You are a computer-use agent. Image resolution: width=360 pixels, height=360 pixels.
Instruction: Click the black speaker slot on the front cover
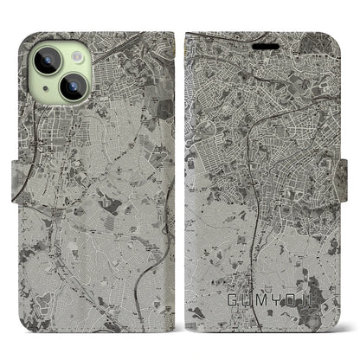pos(259,38)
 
